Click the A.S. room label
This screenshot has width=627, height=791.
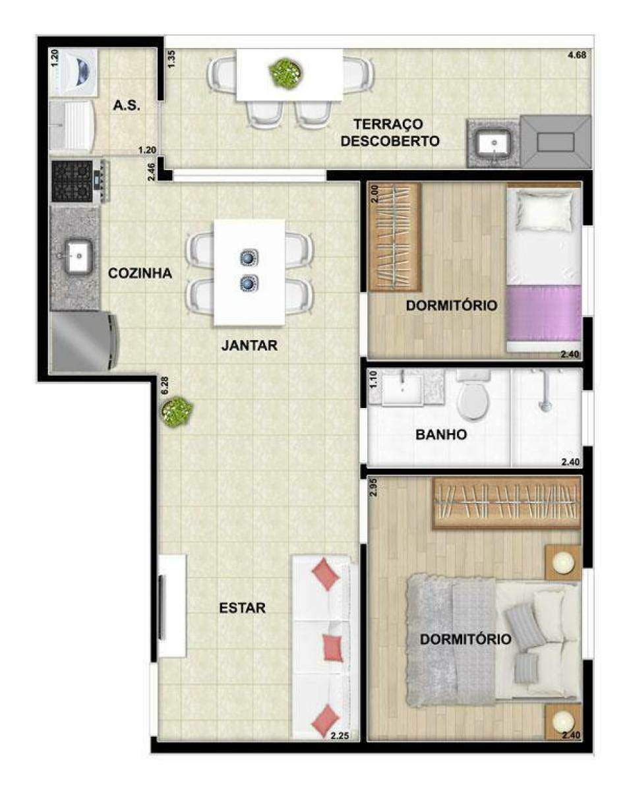coord(127,106)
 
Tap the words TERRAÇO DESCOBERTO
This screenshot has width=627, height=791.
coord(390,132)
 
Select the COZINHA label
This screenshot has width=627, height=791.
coord(140,273)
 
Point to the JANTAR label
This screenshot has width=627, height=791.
coord(249,345)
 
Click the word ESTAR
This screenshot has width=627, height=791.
coord(243,608)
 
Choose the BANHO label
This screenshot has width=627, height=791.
coord(441,434)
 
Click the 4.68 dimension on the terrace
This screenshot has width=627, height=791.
coord(577,55)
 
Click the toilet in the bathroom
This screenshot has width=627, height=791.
coord(473,397)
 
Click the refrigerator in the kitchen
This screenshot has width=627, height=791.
coord(84,341)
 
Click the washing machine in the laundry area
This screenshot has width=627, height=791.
coord(74,73)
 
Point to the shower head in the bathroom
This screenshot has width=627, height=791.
coord(545,405)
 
